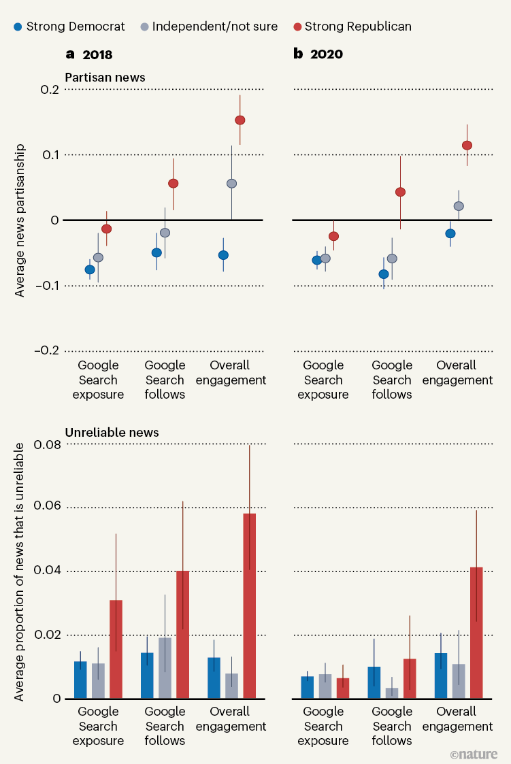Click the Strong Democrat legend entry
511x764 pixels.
click(x=69, y=27)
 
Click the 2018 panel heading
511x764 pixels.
click(x=88, y=54)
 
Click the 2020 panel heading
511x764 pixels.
click(x=318, y=54)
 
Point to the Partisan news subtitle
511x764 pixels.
click(x=105, y=77)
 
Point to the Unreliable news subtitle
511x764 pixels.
click(x=112, y=432)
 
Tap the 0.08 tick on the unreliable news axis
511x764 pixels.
click(x=44, y=444)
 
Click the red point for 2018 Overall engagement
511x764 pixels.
click(x=240, y=120)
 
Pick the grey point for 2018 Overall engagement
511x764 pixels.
click(x=231, y=184)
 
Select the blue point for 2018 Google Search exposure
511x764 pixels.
click(x=90, y=269)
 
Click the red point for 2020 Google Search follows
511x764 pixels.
click(x=400, y=192)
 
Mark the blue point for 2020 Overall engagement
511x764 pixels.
click(x=450, y=233)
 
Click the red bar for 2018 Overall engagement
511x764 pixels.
click(x=250, y=605)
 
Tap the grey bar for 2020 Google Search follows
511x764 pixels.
click(x=392, y=693)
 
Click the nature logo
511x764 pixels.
click(x=474, y=754)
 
